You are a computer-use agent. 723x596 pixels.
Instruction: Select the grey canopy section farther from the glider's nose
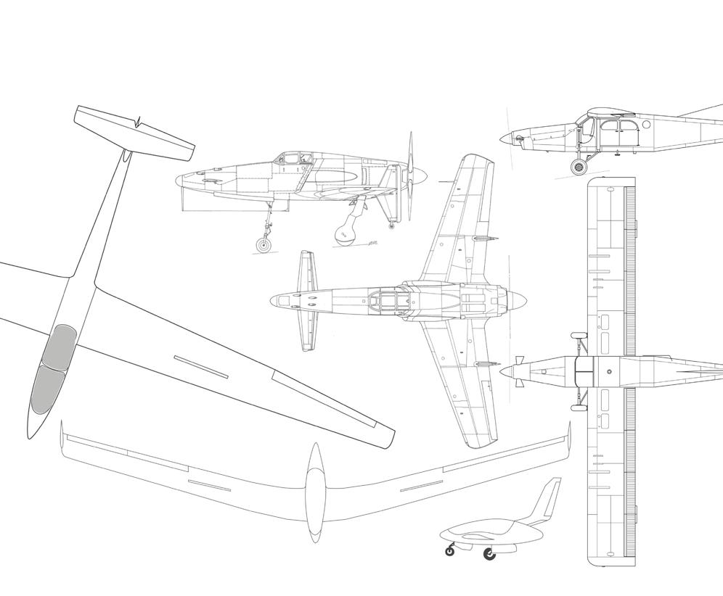coord(59,345)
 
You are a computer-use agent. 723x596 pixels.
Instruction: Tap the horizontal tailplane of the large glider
coord(135,133)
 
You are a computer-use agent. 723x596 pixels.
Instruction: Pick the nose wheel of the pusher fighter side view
coord(263,246)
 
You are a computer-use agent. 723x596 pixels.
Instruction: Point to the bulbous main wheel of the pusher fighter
coord(343,232)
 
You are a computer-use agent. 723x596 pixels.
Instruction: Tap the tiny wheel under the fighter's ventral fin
coord(392,227)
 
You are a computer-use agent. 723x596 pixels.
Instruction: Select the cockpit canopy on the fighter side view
coord(292,159)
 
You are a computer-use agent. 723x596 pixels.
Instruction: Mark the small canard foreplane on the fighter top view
coord(307,300)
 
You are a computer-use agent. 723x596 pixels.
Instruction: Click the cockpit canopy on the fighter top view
coord(385,299)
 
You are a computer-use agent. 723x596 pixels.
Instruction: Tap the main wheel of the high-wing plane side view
coord(578,168)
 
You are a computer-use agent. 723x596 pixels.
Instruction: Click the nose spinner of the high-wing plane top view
coord(507,371)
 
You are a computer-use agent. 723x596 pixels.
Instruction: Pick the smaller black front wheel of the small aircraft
coord(450,551)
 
